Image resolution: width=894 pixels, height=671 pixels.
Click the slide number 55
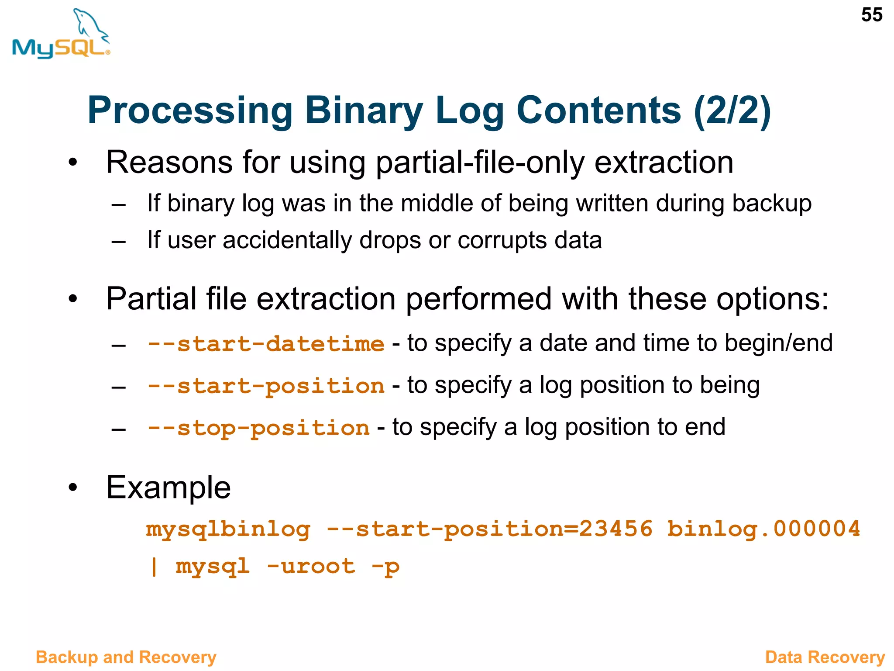click(871, 15)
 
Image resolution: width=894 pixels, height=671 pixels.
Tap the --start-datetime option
click(266, 344)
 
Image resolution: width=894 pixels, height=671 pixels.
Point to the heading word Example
click(168, 488)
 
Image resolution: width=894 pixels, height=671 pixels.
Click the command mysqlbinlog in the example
click(228, 529)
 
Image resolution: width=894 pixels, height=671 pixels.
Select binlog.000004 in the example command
click(763, 529)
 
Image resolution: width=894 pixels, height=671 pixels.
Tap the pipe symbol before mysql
click(154, 567)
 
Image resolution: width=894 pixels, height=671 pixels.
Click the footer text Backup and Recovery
click(126, 657)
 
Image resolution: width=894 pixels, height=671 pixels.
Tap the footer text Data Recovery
click(825, 657)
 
